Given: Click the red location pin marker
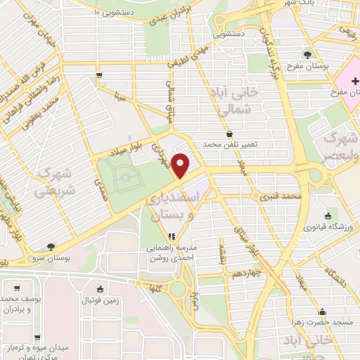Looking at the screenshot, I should [181, 166].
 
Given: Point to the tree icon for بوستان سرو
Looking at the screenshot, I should [50, 246].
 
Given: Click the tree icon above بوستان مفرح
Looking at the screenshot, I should [307, 53].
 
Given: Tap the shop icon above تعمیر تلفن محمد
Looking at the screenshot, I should [230, 133].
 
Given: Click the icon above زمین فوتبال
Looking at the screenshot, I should [99, 288].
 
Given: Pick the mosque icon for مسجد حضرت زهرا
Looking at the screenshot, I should [323, 311].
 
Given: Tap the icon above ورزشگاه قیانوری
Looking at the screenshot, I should [328, 216].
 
